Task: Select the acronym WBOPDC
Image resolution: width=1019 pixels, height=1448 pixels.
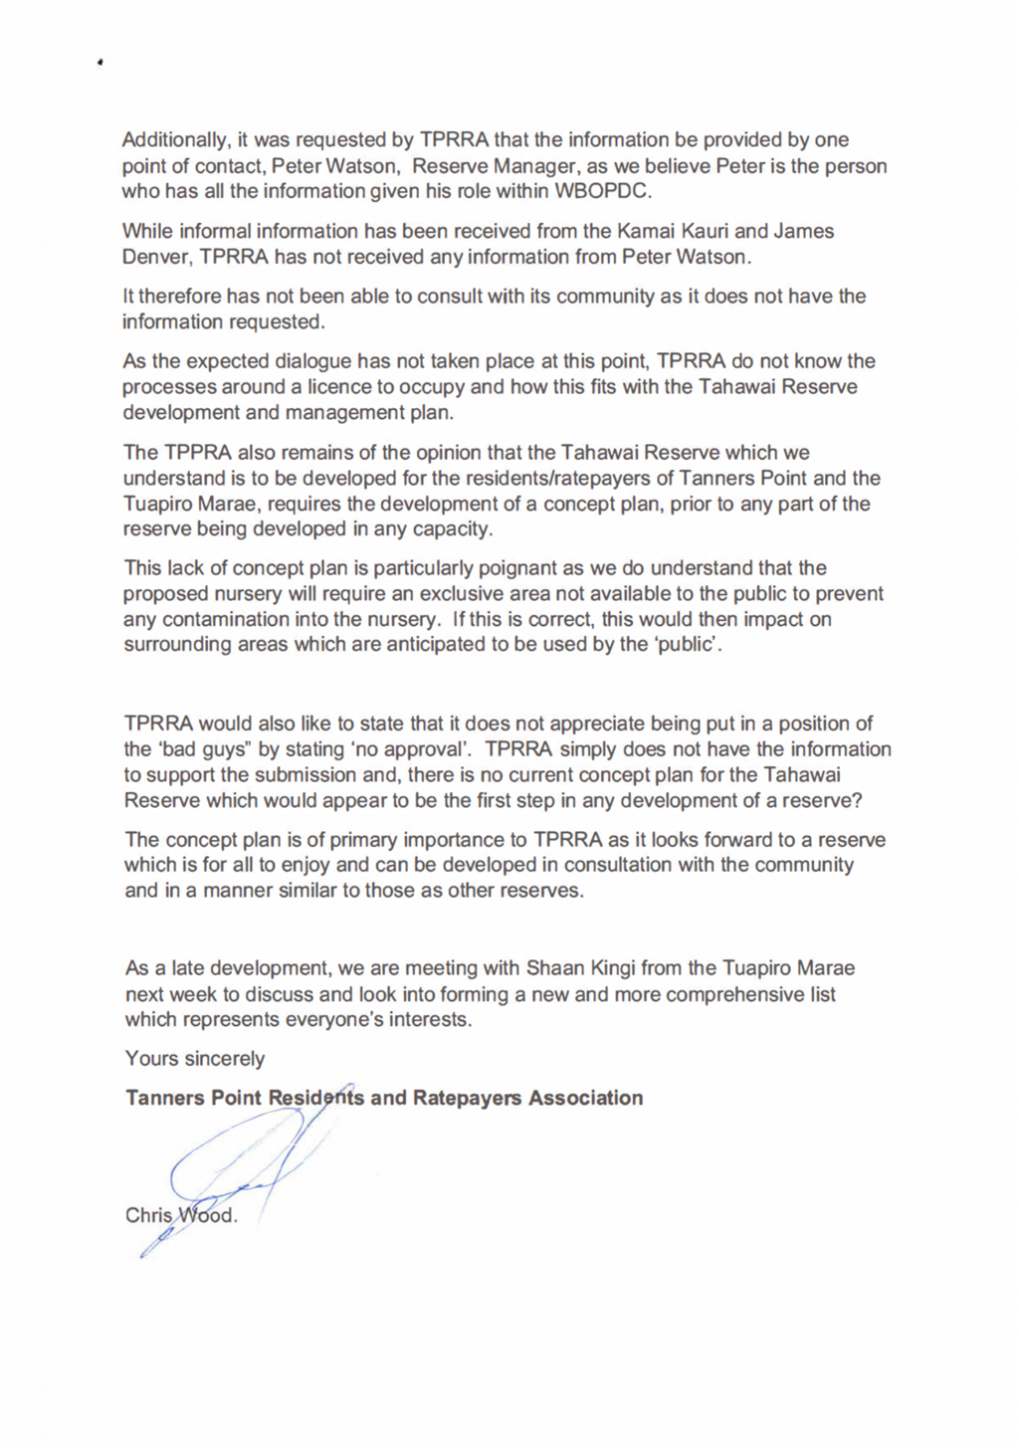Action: (603, 191)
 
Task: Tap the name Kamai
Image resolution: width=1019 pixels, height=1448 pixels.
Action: (647, 232)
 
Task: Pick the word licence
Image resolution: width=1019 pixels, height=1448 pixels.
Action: (339, 387)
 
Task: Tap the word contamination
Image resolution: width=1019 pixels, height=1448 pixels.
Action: (226, 620)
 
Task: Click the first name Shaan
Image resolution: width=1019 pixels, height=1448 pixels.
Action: (553, 968)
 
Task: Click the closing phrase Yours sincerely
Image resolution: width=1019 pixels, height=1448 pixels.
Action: (195, 1059)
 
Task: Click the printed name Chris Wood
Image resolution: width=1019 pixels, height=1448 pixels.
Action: (180, 1216)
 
